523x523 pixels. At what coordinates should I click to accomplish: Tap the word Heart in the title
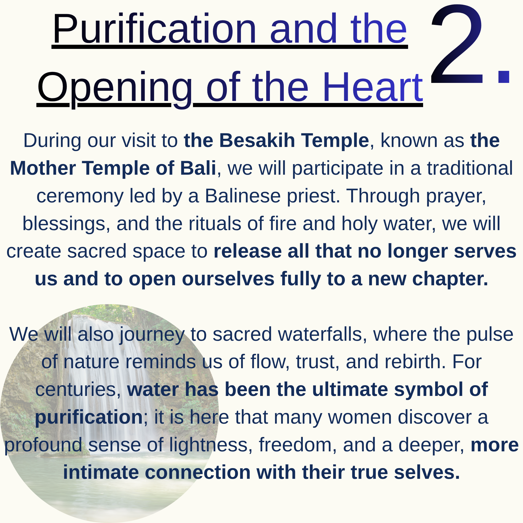point(372,87)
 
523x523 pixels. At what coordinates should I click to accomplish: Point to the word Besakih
point(257,140)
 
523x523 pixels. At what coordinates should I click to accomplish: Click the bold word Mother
point(43,168)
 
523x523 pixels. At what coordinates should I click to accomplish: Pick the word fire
point(283,224)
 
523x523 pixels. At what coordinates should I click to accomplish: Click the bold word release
point(247,251)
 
